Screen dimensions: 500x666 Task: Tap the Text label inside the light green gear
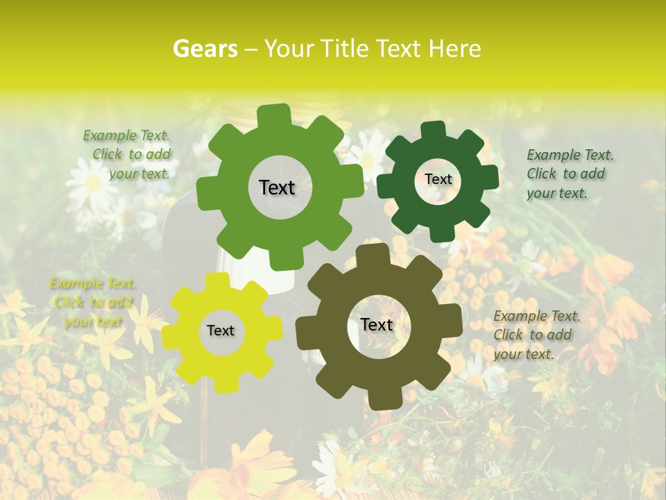tap(277, 187)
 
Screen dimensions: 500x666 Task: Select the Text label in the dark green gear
tap(438, 179)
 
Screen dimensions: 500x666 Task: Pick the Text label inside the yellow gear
tap(221, 331)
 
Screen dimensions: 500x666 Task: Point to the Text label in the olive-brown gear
tap(377, 324)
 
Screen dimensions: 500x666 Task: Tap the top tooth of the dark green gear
tap(434, 130)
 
